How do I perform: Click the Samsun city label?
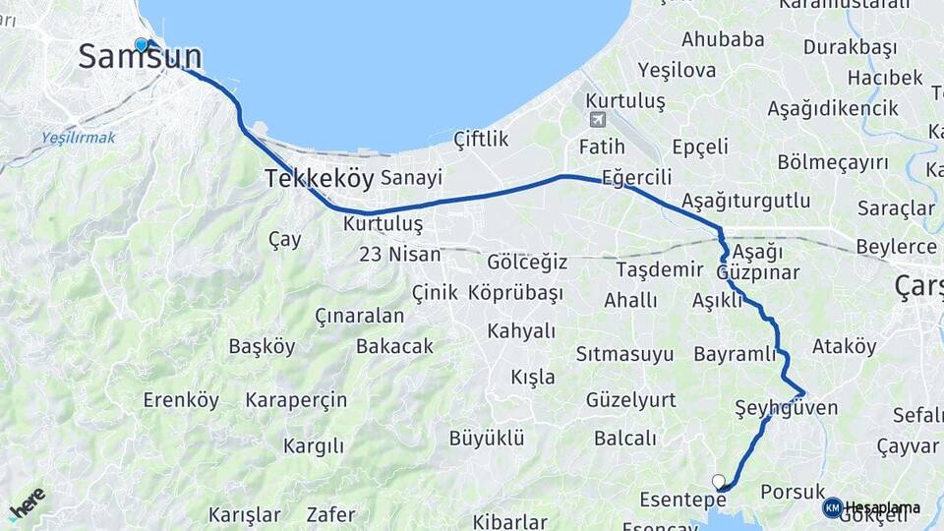click(140, 57)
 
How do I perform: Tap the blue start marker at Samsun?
click(141, 45)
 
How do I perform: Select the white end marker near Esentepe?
click(719, 481)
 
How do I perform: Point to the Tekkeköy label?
click(319, 179)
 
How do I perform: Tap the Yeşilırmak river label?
click(79, 138)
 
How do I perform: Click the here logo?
click(28, 503)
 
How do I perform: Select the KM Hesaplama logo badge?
click(833, 507)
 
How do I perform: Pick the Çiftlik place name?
click(482, 140)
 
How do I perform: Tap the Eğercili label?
click(636, 178)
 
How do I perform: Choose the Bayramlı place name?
click(735, 354)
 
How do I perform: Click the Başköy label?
click(262, 347)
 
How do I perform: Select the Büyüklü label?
click(487, 438)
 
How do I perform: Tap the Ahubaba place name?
click(723, 39)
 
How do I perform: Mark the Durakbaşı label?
click(851, 47)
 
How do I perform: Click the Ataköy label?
click(844, 346)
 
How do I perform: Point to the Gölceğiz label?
click(527, 262)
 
